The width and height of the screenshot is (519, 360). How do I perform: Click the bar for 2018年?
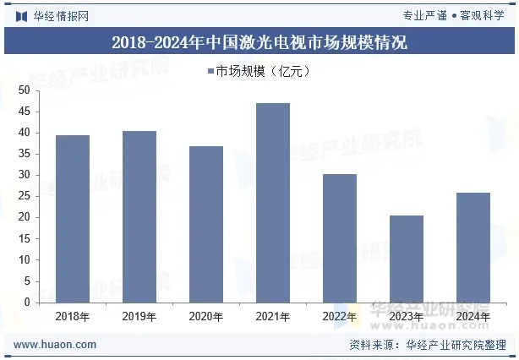click(72, 219)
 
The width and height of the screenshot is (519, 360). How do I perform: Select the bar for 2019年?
click(139, 216)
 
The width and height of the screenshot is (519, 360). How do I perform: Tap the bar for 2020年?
click(206, 224)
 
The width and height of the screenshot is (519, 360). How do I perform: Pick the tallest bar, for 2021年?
click(273, 203)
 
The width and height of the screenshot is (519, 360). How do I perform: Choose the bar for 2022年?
click(340, 238)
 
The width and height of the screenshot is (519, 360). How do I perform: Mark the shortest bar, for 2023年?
click(407, 259)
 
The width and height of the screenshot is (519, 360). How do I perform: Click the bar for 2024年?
click(473, 248)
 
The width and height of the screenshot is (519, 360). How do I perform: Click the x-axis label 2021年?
click(273, 317)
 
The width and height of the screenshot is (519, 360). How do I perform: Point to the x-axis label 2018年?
click(72, 317)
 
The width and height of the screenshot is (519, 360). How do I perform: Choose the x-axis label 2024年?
click(473, 317)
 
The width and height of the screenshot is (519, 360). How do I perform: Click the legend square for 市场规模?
click(209, 72)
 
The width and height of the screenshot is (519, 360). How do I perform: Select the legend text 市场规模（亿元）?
click(263, 72)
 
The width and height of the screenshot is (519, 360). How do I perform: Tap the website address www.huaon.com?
click(55, 345)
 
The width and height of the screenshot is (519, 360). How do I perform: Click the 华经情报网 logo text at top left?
click(59, 16)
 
